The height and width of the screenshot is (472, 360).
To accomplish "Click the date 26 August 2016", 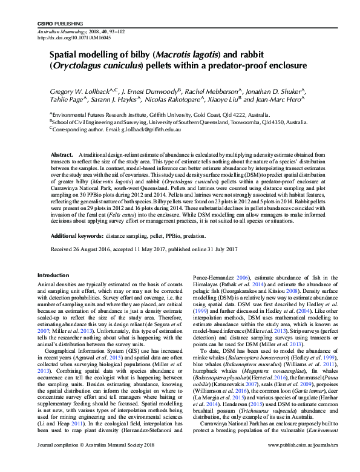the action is [92, 249].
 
